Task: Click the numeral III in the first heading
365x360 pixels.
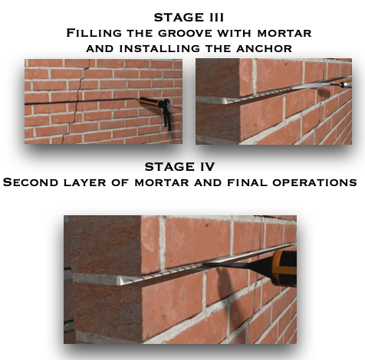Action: click(x=214, y=18)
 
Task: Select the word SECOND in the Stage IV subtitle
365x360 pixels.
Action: click(x=31, y=182)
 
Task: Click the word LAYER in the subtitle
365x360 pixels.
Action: click(x=85, y=182)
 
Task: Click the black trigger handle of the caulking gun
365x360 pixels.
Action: click(x=167, y=115)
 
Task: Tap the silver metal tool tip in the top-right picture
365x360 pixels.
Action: click(x=345, y=84)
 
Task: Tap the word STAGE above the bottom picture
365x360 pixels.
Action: click(x=169, y=167)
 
